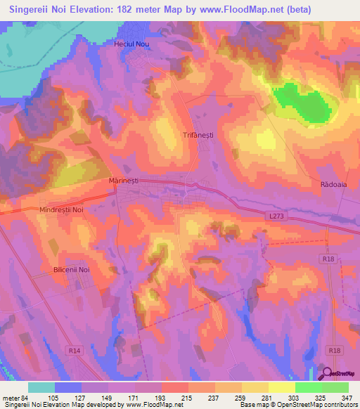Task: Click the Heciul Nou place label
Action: tap(132, 44)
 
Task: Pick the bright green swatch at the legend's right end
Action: tap(335, 387)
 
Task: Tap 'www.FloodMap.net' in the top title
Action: tap(226, 8)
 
